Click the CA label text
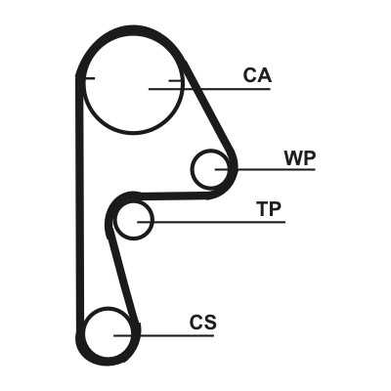coord(257,75)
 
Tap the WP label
coord(300,158)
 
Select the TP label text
coord(269,209)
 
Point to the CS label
coord(203,322)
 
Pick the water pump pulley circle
coord(192,169)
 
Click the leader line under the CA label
coord(209,89)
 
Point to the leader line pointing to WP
coord(265,169)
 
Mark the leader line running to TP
coord(211,222)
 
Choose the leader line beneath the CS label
coord(163,335)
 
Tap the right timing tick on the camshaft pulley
coord(175,80)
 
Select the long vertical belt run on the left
coord(79,202)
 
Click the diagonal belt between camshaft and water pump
coord(208,112)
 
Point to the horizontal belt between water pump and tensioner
coord(173,195)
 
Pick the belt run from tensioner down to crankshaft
coord(123,277)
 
